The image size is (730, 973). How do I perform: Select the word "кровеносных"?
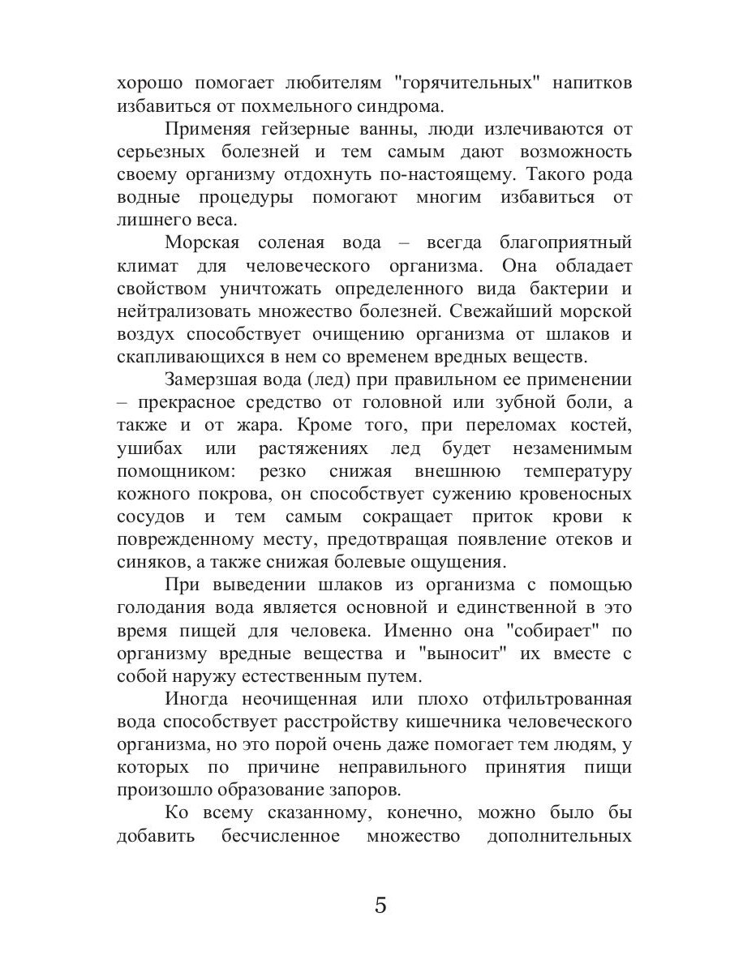[568, 494]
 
